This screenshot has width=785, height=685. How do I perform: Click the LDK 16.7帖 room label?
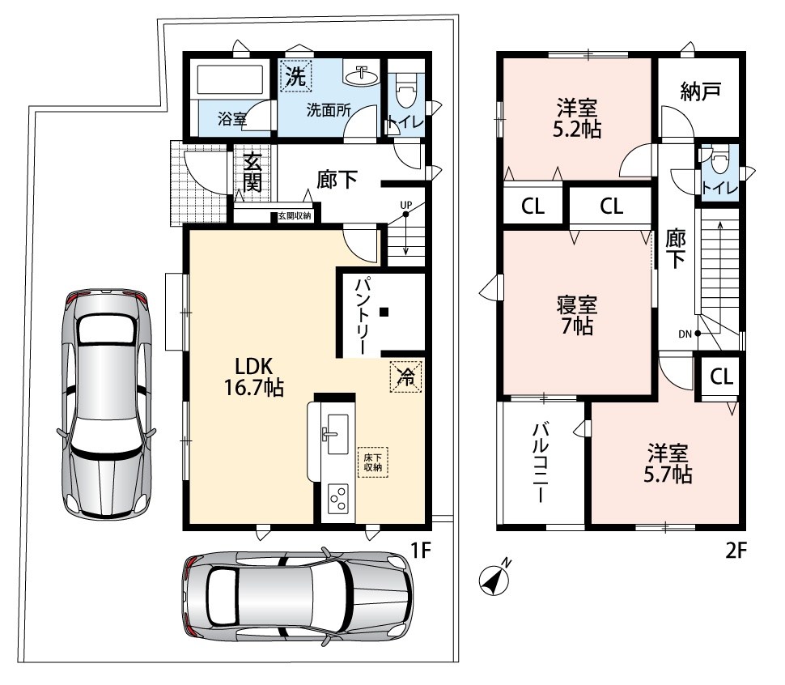click(x=254, y=377)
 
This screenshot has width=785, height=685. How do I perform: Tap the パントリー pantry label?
click(x=362, y=316)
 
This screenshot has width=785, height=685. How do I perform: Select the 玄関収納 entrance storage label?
click(x=295, y=216)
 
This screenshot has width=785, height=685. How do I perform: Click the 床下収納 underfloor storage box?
click(x=372, y=462)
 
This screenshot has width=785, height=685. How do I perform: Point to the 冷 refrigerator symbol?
click(x=406, y=377)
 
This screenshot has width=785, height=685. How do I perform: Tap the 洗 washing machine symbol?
click(x=296, y=76)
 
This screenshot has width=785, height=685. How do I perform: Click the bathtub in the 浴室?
click(x=231, y=79)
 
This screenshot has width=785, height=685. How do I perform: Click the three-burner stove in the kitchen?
click(x=337, y=499)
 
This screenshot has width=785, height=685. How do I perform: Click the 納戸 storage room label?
click(x=700, y=91)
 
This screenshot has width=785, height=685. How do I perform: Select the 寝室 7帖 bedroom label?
click(x=577, y=315)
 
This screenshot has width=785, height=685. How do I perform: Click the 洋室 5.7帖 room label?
click(x=668, y=463)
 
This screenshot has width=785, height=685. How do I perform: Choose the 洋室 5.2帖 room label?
click(x=577, y=119)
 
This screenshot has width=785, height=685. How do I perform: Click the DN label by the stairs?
click(x=685, y=334)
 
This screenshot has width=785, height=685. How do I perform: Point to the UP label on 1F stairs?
click(x=406, y=205)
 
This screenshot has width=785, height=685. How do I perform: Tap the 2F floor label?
click(x=736, y=551)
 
